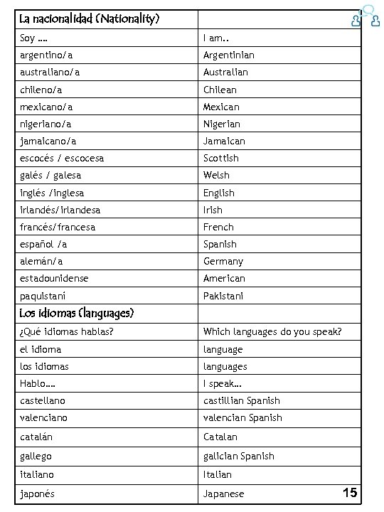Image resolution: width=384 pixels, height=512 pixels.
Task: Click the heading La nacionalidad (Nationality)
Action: (90, 18)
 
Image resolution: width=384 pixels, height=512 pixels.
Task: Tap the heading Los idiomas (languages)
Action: (78, 313)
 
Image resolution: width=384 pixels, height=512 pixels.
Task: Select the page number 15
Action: (349, 492)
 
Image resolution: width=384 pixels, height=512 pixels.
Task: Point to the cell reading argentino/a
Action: (46, 55)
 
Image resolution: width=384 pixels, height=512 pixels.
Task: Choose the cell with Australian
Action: (225, 73)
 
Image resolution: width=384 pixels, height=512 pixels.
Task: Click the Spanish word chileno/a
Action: (41, 90)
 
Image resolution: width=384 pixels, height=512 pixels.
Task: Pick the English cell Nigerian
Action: (222, 124)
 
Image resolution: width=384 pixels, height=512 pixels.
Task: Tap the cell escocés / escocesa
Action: (62, 158)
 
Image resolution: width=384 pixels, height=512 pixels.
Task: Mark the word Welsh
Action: (216, 175)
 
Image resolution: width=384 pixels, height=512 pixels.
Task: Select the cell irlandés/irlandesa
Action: (60, 210)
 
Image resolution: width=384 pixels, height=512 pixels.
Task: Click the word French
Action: (218, 227)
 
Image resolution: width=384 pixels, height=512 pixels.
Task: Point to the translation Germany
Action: (223, 261)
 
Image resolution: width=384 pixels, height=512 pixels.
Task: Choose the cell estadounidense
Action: (55, 278)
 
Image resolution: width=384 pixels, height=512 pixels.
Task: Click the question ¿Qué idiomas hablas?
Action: (67, 332)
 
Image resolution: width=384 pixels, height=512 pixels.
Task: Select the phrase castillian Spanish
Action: (241, 400)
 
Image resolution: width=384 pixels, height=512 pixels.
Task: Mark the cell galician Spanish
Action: (238, 456)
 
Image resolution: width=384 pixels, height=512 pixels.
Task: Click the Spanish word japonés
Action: (38, 494)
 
